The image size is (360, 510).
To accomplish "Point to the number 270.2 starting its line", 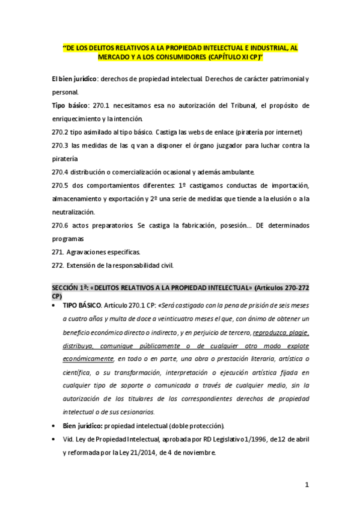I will (61, 132).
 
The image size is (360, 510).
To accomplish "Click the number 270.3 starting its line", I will (61, 145).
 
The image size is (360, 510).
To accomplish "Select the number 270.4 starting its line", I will (61, 171).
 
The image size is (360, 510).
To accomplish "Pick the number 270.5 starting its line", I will (61, 185).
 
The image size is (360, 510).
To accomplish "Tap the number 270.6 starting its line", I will (61, 225).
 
